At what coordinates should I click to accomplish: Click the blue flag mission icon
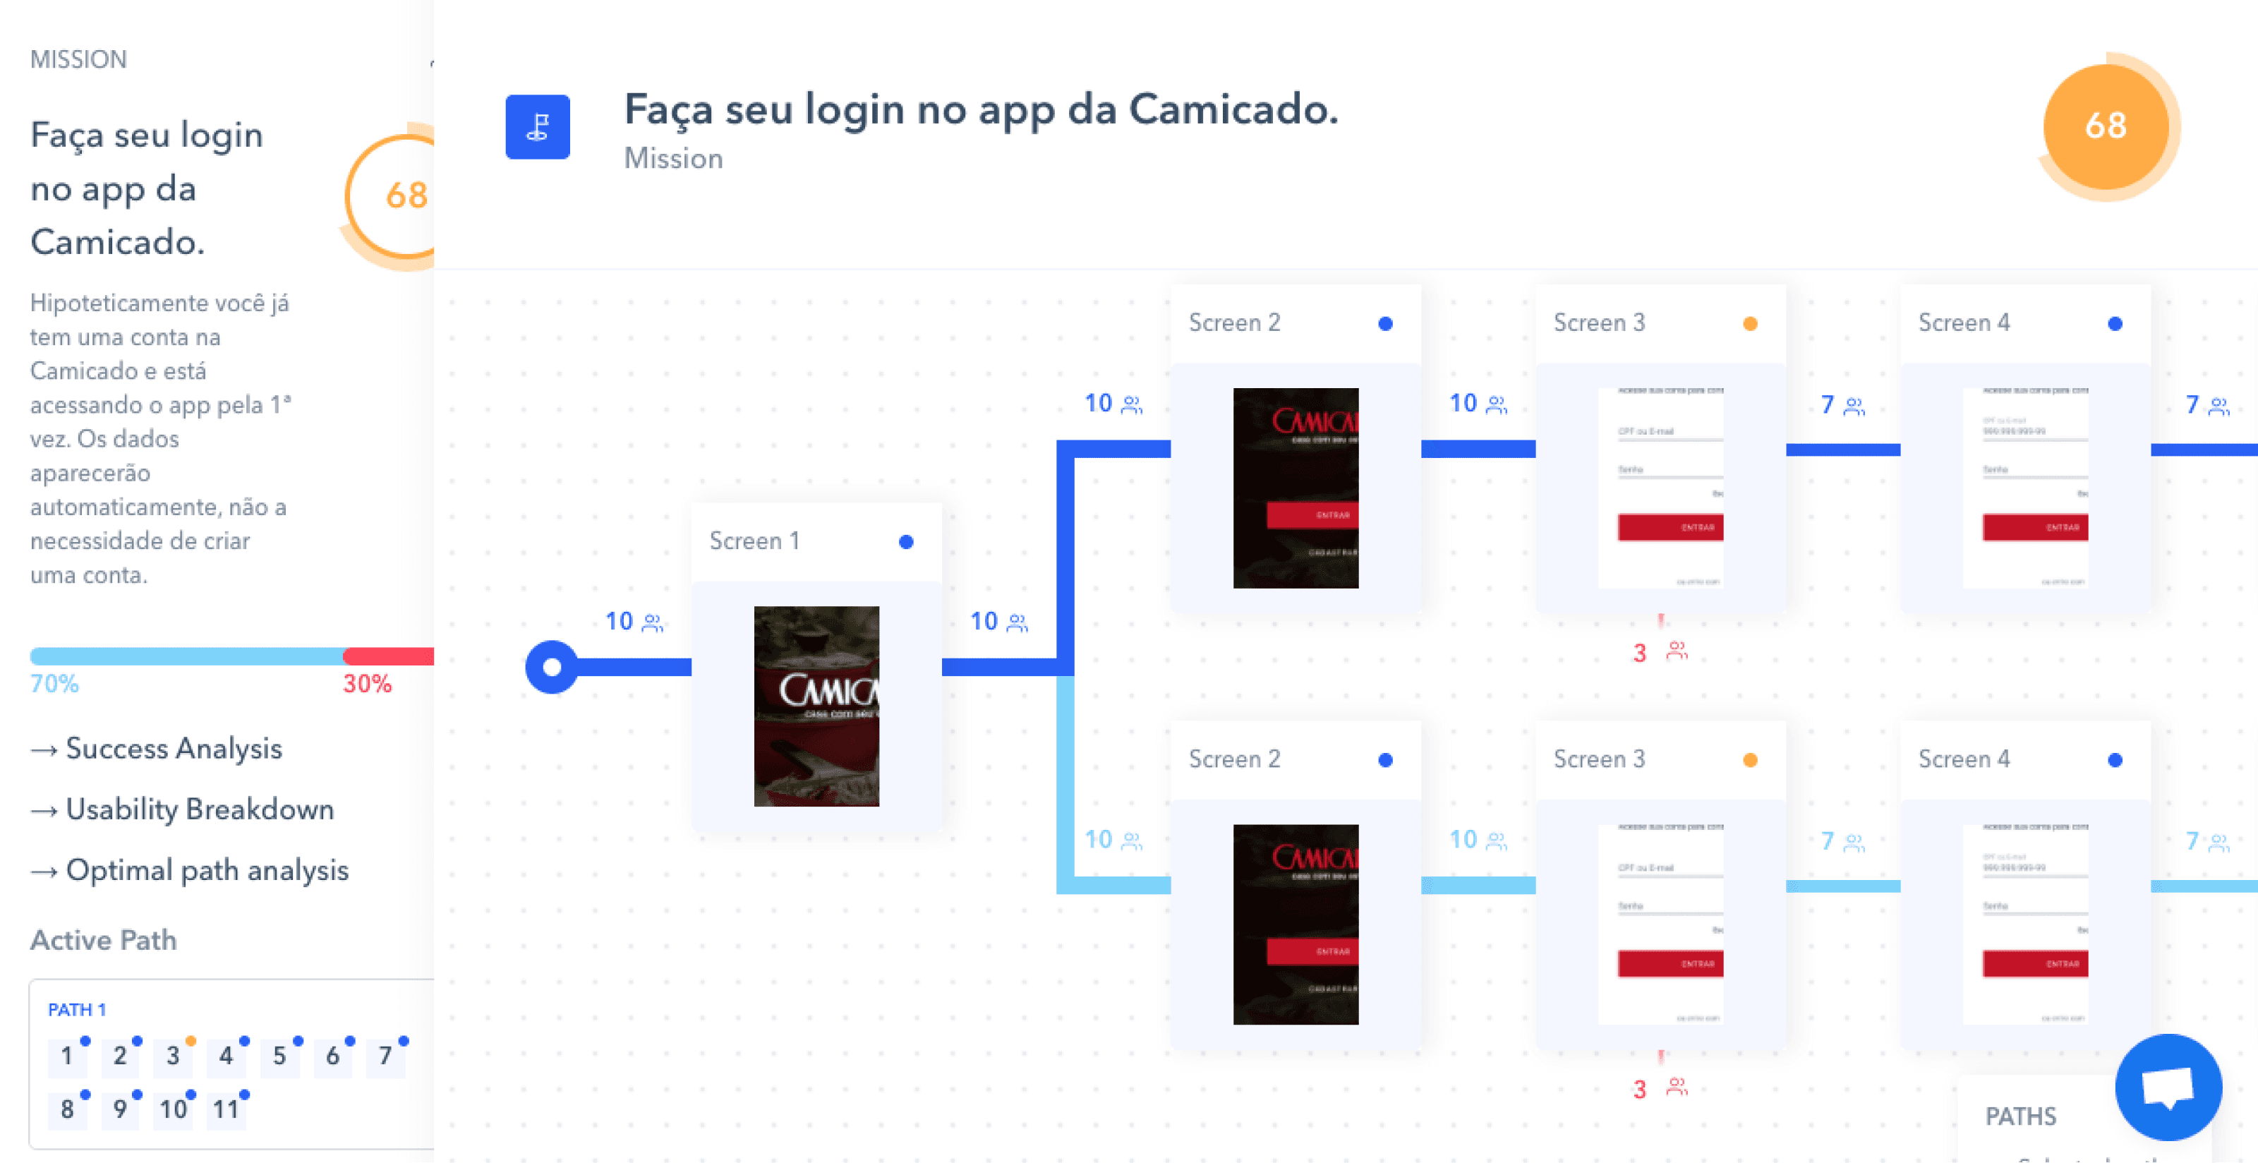(x=537, y=127)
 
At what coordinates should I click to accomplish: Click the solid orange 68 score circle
(x=2106, y=126)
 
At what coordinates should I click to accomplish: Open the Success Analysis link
(x=173, y=749)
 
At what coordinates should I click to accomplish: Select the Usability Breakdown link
(x=199, y=809)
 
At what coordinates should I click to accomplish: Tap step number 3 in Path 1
(x=173, y=1056)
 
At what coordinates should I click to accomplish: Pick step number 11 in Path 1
(x=225, y=1109)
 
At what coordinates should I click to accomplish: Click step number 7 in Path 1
(x=385, y=1056)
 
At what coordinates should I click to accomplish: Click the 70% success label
(x=54, y=684)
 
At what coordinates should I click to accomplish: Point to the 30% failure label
(x=366, y=684)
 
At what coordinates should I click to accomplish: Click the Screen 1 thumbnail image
(x=816, y=706)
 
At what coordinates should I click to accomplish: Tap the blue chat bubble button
(x=2168, y=1087)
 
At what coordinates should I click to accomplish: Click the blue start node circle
(x=551, y=667)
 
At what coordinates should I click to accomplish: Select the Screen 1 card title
(x=754, y=541)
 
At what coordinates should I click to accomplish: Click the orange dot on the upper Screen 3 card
(x=1750, y=323)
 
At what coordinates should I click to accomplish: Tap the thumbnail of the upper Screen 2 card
(x=1296, y=488)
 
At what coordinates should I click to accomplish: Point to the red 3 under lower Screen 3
(x=1639, y=1090)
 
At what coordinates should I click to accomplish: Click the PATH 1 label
(x=76, y=1010)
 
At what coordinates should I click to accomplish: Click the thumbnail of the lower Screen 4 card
(x=2026, y=924)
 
